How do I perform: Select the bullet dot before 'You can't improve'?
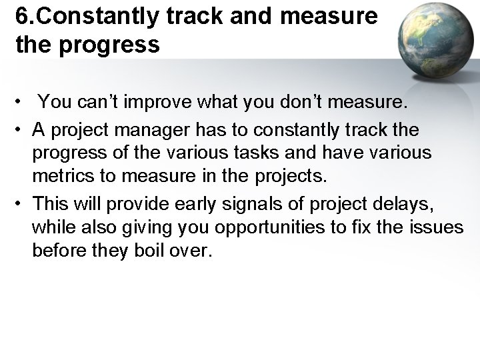23,104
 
